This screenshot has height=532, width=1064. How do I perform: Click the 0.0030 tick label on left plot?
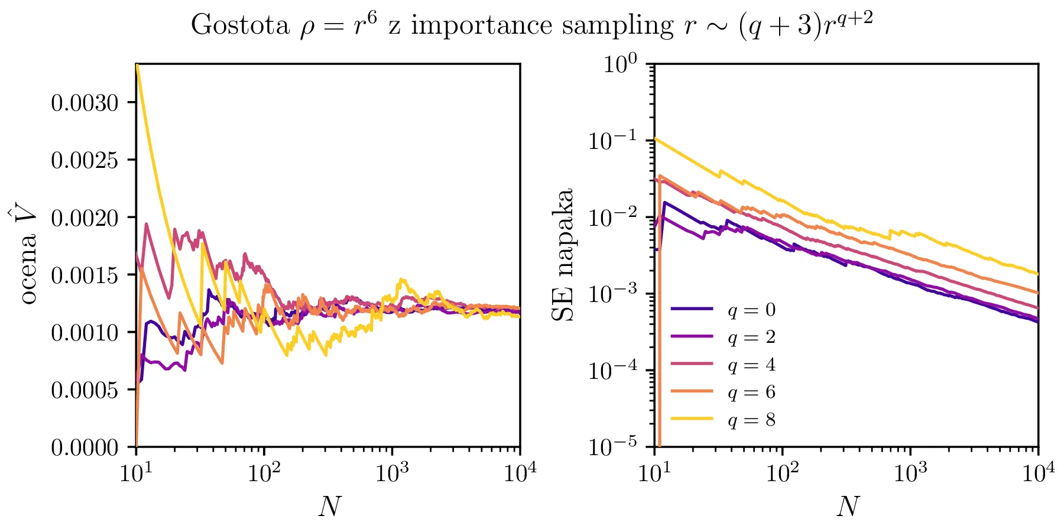[x=85, y=103]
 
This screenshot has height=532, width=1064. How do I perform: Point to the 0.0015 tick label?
[x=85, y=275]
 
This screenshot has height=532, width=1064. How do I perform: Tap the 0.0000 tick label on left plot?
[x=85, y=448]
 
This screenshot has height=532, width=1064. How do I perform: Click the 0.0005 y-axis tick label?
[x=85, y=390]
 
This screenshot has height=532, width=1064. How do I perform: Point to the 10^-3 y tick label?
[x=613, y=294]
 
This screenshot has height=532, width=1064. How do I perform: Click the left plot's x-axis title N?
[x=329, y=507]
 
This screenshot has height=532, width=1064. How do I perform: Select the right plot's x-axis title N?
[x=847, y=507]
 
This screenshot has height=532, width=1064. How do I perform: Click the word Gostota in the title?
[x=239, y=25]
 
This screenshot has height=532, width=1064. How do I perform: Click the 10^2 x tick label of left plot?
[x=263, y=473]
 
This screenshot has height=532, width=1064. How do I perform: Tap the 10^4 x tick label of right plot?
[x=1039, y=473]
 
